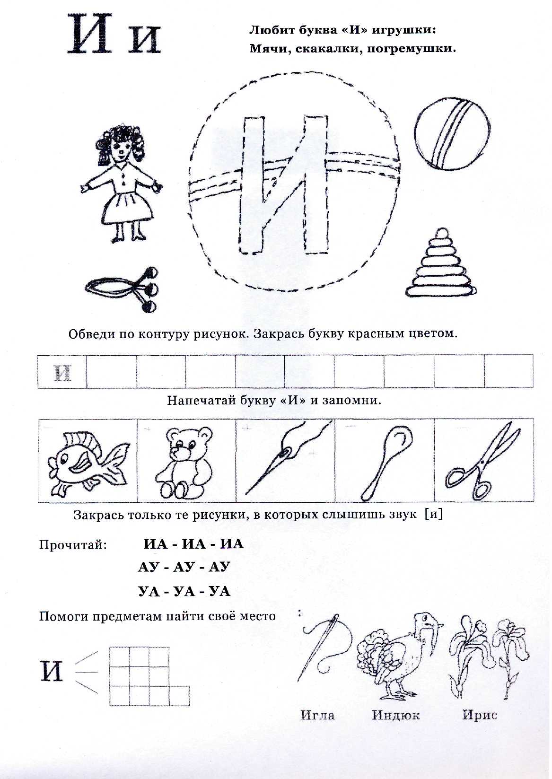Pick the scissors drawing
(x=482, y=461)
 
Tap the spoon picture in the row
(x=383, y=461)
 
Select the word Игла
(x=317, y=715)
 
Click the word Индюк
(x=396, y=715)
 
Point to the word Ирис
(x=479, y=715)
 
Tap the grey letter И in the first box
(x=63, y=373)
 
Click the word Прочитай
(x=73, y=545)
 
